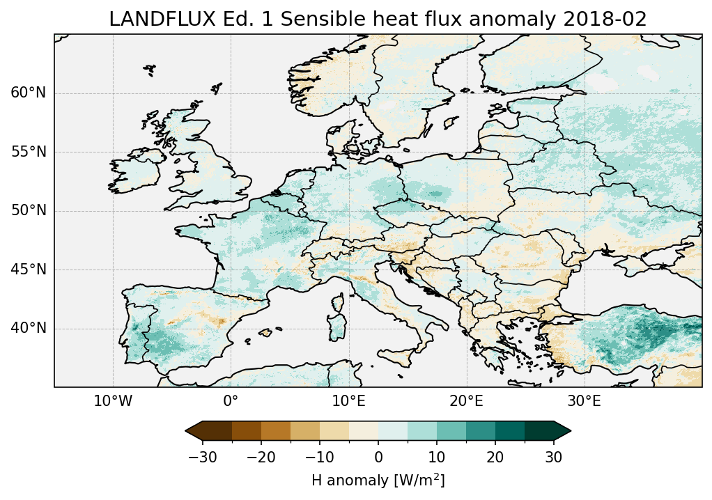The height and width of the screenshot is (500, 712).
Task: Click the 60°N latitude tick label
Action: click(28, 93)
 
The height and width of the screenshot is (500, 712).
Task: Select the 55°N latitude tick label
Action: click(28, 152)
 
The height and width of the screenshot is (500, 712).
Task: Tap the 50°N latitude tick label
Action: click(28, 211)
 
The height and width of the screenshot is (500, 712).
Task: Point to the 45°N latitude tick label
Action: click(28, 269)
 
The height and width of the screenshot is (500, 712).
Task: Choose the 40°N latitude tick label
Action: click(28, 328)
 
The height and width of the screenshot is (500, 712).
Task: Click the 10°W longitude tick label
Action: click(113, 402)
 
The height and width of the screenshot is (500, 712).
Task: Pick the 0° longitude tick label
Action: click(231, 402)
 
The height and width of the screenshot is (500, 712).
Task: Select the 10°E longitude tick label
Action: click(348, 402)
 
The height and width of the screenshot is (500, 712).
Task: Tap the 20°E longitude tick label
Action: click(466, 402)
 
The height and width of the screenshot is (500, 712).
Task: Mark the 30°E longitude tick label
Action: click(584, 402)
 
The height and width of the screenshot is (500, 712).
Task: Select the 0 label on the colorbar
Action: click(378, 457)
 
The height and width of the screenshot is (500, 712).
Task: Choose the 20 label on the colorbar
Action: click(495, 457)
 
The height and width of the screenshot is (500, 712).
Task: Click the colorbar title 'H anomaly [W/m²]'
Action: click(378, 480)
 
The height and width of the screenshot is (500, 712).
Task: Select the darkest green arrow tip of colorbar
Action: click(566, 431)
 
